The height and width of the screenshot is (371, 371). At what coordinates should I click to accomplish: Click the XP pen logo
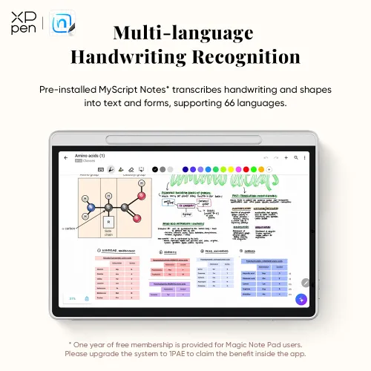[x=22, y=24]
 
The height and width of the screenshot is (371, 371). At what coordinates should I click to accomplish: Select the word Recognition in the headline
[x=245, y=57]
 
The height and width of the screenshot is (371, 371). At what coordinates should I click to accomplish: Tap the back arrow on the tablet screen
[x=65, y=158]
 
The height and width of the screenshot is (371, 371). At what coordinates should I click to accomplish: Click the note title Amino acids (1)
[x=90, y=156]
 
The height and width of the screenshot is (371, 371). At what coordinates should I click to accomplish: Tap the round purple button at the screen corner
[x=301, y=299]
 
